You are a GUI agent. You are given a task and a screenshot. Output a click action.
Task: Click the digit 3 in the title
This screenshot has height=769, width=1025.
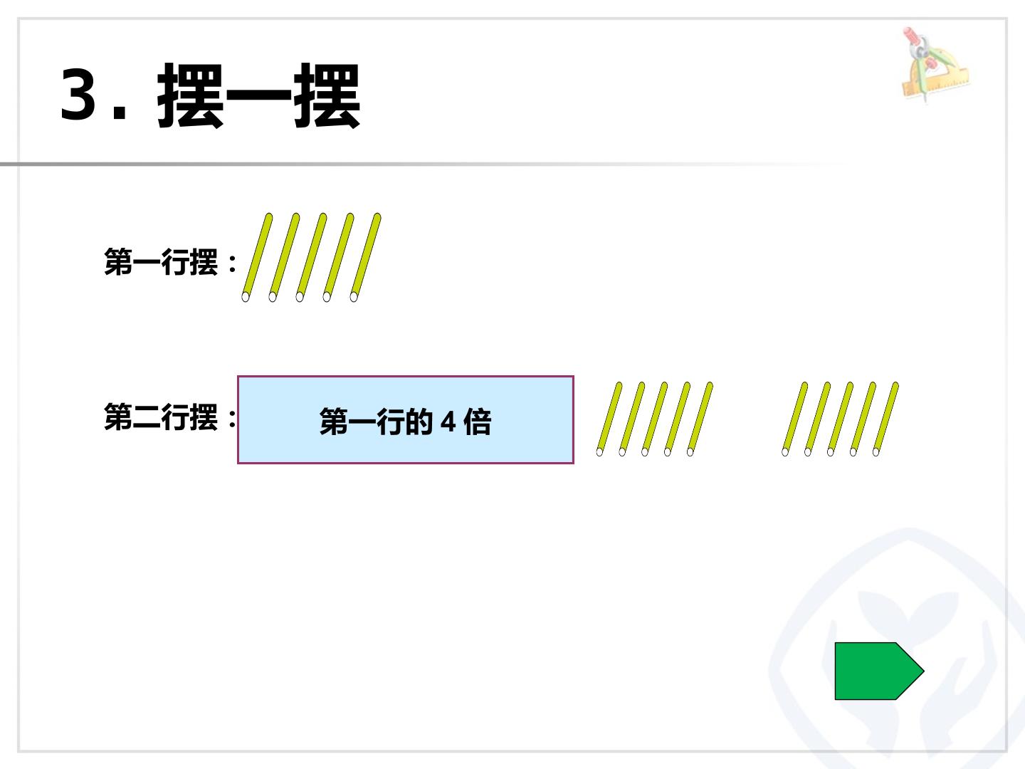78,93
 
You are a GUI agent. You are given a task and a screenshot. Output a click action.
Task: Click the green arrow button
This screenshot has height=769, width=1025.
879,671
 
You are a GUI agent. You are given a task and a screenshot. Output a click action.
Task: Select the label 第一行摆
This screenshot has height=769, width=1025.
161,262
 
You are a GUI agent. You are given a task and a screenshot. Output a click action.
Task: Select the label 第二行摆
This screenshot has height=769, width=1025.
161,417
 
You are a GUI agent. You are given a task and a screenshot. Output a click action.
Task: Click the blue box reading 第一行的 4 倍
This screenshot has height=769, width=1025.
405,420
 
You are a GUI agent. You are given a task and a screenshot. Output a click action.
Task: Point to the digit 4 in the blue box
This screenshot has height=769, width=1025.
448,422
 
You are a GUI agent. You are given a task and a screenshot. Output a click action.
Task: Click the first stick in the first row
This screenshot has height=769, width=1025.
257,257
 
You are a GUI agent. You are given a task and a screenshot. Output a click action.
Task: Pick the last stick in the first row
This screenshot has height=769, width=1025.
365,257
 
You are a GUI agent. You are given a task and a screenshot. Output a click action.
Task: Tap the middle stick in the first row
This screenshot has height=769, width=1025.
311,257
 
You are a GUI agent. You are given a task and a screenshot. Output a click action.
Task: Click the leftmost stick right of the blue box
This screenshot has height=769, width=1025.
609,419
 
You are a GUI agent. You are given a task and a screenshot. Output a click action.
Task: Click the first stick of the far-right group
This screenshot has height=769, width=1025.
795,419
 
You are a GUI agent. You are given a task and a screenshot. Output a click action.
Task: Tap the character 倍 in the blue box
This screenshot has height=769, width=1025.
477,422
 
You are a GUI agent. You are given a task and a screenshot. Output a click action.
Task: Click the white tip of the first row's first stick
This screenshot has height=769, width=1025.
245,297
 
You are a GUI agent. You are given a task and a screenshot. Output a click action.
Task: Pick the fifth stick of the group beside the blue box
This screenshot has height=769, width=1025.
700,419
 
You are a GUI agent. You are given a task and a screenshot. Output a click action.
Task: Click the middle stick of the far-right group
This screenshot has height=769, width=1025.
841,419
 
